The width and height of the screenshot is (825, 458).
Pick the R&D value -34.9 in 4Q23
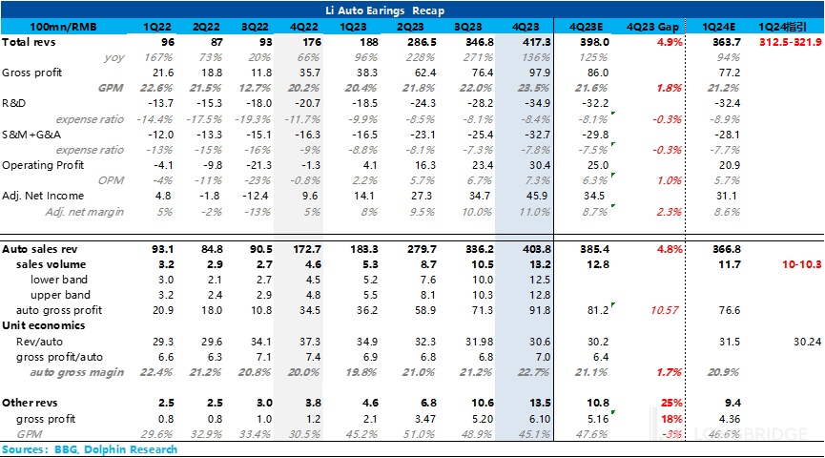534,103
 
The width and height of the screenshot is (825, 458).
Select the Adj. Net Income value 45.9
534,195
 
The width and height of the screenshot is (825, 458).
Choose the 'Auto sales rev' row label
39,248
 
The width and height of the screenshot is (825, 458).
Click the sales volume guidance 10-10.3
798,264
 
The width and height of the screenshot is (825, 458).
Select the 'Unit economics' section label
43,324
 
